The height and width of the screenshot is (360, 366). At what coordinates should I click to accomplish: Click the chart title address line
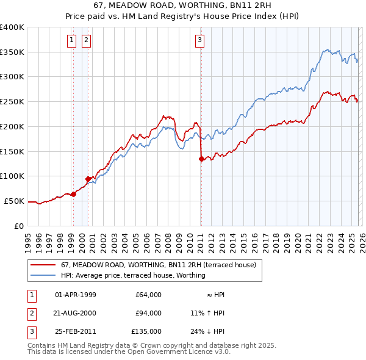[x=183, y=5]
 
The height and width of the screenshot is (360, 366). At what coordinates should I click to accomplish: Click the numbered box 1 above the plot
[x=71, y=41]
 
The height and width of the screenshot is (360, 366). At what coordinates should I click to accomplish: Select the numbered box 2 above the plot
[x=86, y=41]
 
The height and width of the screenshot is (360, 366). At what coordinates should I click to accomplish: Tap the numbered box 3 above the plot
[x=199, y=41]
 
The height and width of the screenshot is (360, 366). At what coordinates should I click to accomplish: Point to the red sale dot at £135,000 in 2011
[x=201, y=159]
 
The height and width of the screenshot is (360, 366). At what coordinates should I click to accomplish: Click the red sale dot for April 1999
[x=73, y=194]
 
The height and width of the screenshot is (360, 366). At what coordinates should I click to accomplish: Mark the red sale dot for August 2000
[x=88, y=179]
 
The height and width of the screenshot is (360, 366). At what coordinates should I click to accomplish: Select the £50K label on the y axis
[x=15, y=201]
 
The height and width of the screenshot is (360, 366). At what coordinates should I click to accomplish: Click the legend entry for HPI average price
[x=133, y=276]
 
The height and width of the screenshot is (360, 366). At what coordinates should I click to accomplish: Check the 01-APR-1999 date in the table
[x=76, y=295]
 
